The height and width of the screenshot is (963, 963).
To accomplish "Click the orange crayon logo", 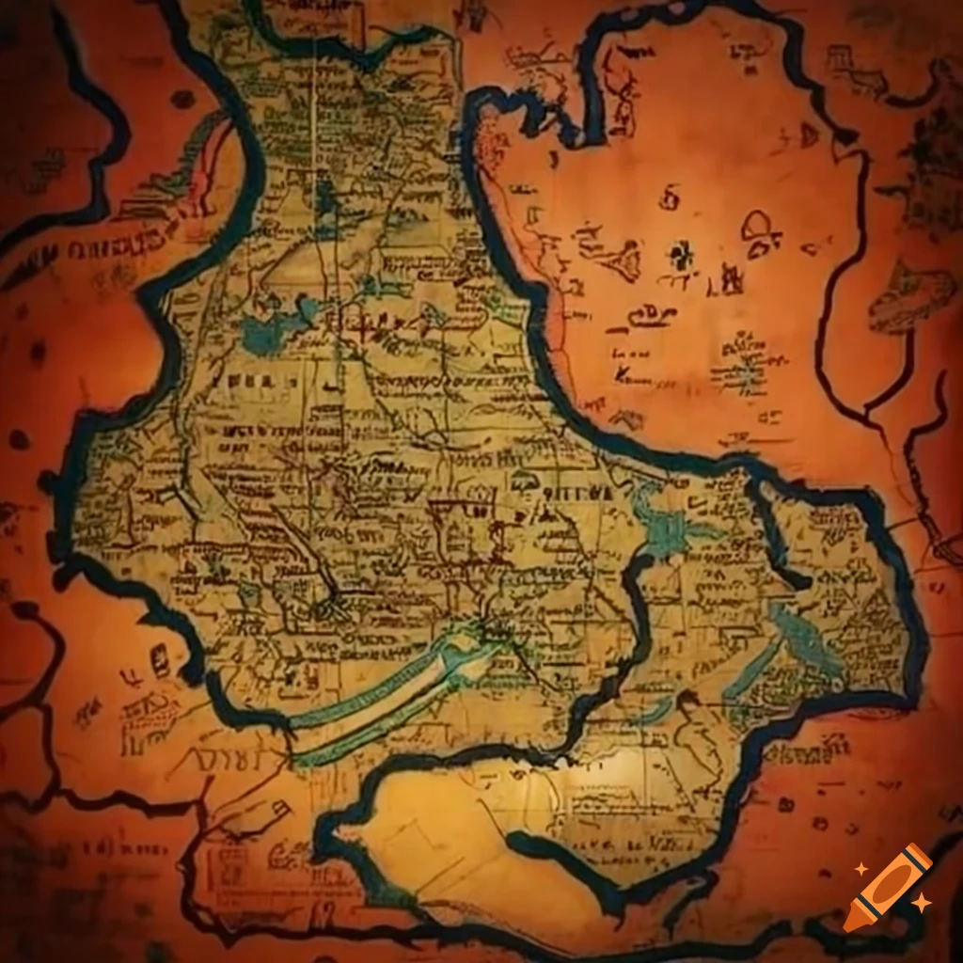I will tap(888, 888).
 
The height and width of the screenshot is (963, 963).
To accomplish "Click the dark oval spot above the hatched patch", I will tap(182, 99).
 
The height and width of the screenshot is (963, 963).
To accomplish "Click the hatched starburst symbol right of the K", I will tap(745, 375).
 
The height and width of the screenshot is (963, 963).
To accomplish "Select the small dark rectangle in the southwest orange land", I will tap(160, 659).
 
